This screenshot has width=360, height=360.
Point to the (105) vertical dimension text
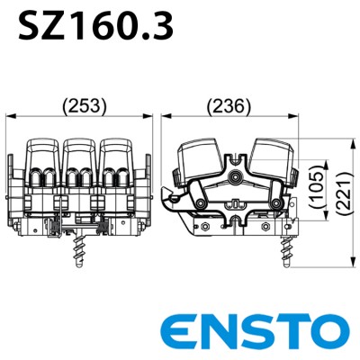(317, 188)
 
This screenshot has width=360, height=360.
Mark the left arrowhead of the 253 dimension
(11, 115)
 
